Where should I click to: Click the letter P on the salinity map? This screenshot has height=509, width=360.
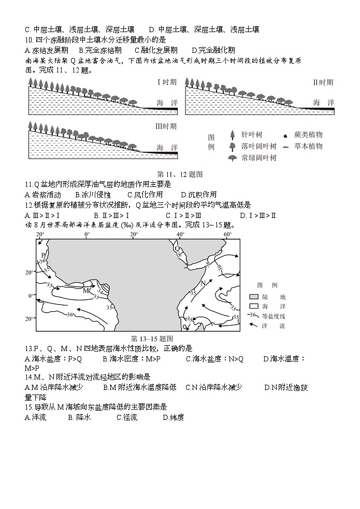pos(44,255)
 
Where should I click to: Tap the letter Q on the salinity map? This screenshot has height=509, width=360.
pos(178,248)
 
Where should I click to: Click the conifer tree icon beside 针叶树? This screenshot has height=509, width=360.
pos(233,135)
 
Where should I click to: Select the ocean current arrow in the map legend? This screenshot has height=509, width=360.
pos(253,326)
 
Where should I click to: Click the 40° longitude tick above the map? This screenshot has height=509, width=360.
pos(180,235)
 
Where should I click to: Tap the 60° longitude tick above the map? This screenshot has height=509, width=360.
pos(227,235)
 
